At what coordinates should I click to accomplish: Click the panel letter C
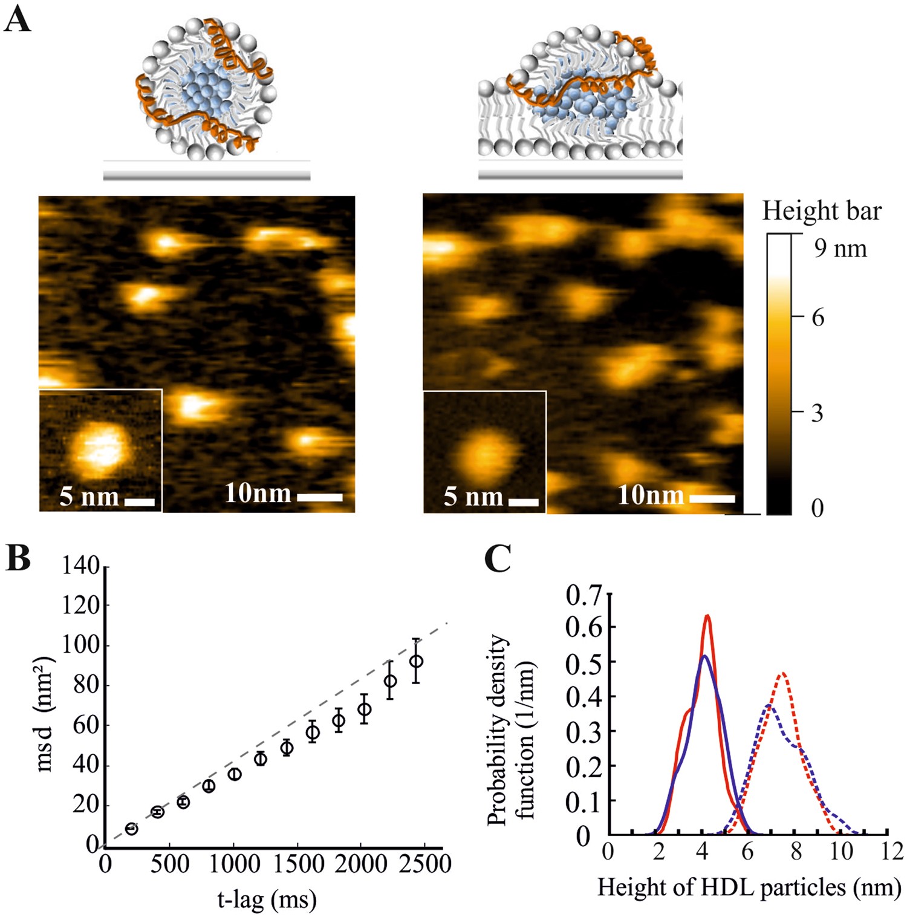(498, 559)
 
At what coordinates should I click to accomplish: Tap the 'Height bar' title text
(821, 211)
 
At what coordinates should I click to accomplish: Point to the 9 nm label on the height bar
(840, 249)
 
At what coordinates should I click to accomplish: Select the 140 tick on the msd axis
(80, 566)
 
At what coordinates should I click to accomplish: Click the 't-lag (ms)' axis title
(267, 899)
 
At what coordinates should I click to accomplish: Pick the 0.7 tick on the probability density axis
(584, 596)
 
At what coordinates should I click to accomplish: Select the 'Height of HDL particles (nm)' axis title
(749, 887)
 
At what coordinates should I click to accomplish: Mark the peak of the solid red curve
(706, 616)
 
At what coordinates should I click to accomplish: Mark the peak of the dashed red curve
(783, 673)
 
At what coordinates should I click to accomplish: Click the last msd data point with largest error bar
(415, 661)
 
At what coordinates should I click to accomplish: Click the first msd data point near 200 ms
(131, 829)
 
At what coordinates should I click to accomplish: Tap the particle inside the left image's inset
(102, 448)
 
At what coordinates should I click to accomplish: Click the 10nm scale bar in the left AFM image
(320, 497)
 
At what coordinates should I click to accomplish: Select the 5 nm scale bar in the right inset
(523, 502)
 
